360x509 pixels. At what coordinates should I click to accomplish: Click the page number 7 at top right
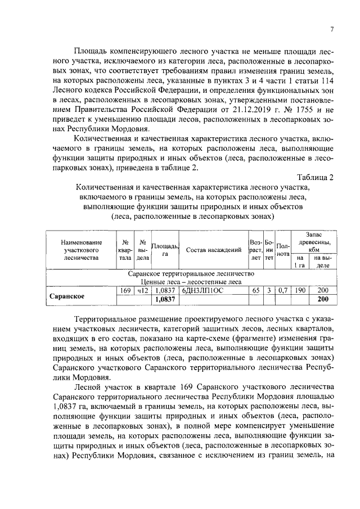coord(332,30)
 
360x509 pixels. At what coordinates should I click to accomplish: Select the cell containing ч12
coord(142,290)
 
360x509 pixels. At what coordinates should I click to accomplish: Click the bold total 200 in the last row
coord(323,299)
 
